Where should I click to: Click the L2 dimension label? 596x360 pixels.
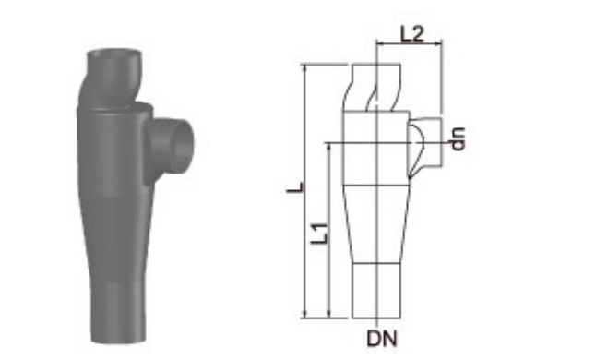tap(412, 34)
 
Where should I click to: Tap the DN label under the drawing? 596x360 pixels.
tap(382, 339)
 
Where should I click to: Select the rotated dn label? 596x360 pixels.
tap(458, 139)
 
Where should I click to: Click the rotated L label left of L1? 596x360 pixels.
tap(295, 187)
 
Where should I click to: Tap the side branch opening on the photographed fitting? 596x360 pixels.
tap(180, 147)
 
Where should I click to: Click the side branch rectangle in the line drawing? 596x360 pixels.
tap(425, 142)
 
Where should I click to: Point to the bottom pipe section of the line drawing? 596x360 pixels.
tap(376, 291)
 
